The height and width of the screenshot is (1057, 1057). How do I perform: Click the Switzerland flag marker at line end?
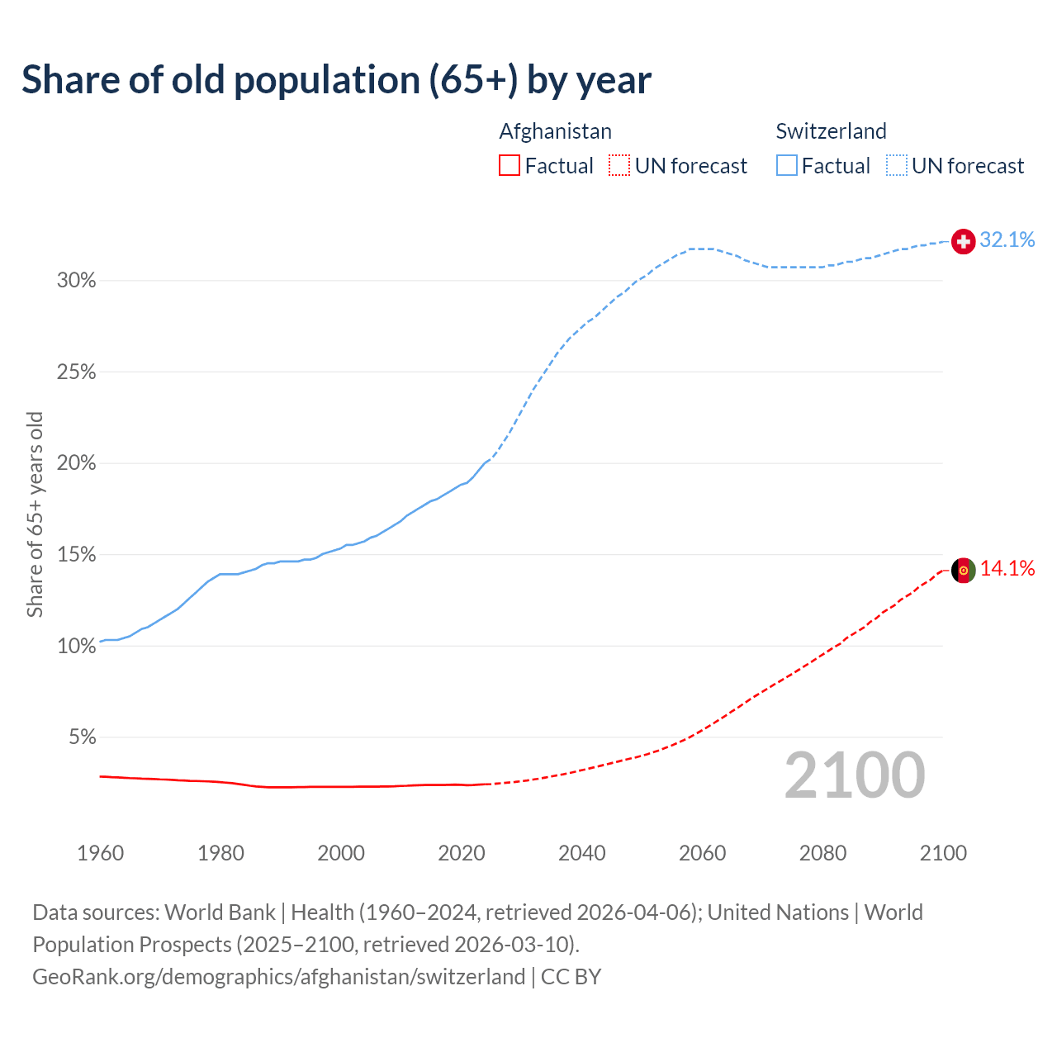(x=964, y=241)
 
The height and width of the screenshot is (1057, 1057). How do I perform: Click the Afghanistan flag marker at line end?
(x=964, y=570)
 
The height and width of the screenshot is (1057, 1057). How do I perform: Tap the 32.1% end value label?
(x=1007, y=239)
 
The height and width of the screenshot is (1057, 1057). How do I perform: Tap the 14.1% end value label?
(x=1007, y=568)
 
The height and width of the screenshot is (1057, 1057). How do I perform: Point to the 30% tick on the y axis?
(x=76, y=281)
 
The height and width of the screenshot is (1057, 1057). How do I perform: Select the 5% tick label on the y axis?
(x=82, y=737)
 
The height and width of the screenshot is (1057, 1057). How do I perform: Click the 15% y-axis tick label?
(x=76, y=555)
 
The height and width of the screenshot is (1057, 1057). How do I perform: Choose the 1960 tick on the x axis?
(x=100, y=853)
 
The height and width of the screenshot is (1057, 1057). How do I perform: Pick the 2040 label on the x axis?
(x=581, y=853)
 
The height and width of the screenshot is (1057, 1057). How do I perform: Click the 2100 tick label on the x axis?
(x=942, y=853)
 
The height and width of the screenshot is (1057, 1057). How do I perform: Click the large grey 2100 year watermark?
(x=855, y=775)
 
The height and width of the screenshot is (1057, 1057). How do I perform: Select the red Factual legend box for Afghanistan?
(x=510, y=166)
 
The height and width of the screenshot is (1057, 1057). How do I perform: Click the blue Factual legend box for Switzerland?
(x=786, y=166)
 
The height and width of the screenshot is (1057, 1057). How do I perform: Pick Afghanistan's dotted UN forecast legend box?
(x=619, y=166)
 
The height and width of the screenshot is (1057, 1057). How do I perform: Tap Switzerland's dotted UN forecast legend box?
(x=896, y=166)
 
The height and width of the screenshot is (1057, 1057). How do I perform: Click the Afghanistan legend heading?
(x=555, y=131)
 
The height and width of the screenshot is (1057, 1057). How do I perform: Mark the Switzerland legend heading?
(x=831, y=131)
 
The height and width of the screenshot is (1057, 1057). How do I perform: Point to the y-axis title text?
(x=35, y=514)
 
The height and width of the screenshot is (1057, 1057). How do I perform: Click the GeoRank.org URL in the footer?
(x=278, y=977)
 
